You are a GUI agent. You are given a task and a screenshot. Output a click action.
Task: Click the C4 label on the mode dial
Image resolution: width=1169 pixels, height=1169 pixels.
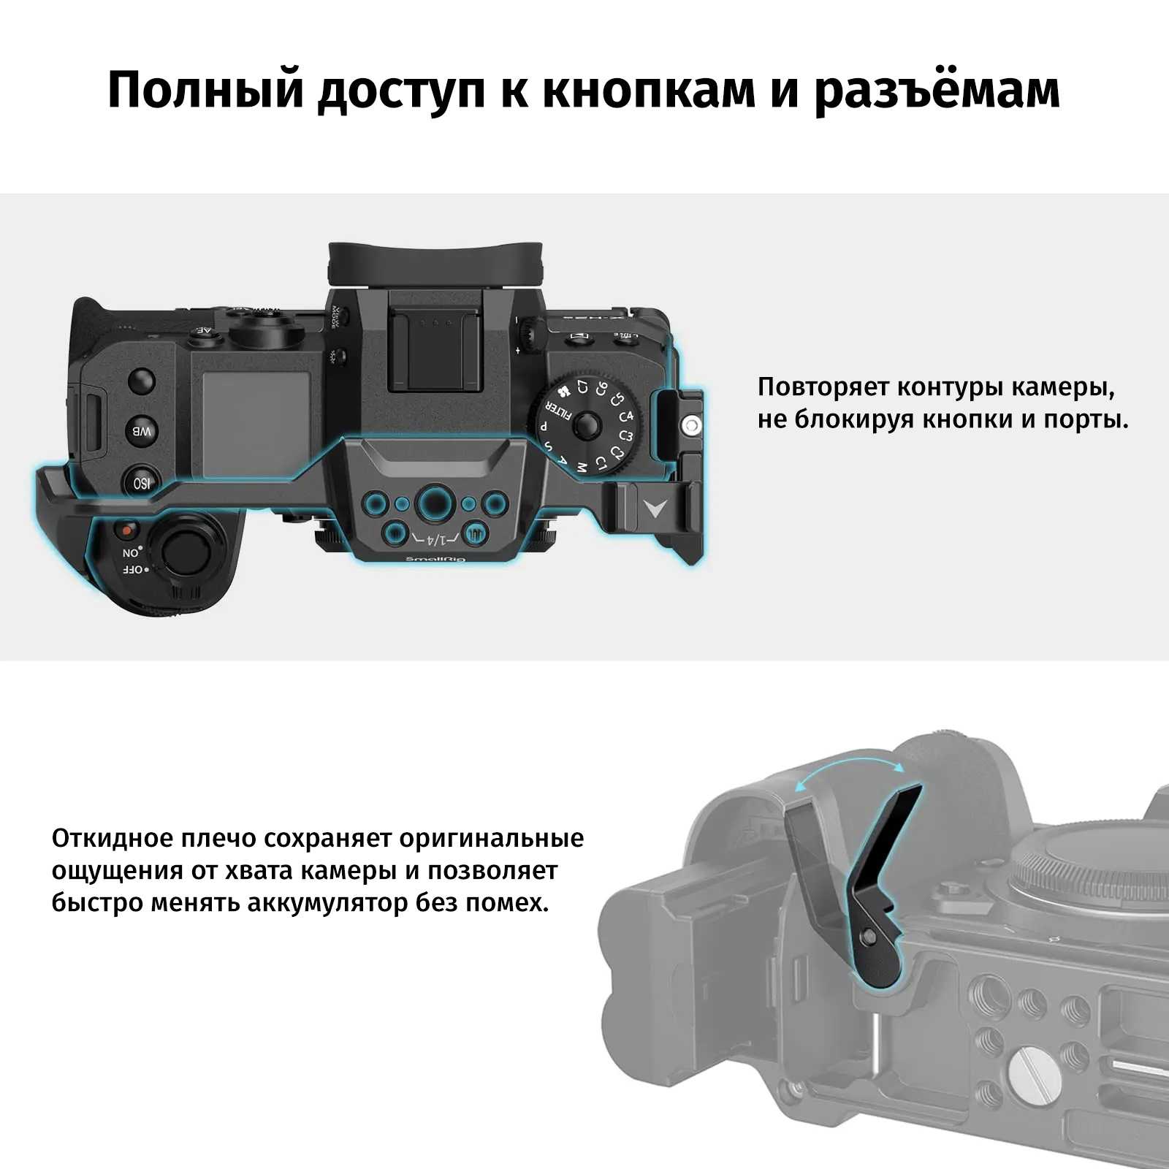coord(626,416)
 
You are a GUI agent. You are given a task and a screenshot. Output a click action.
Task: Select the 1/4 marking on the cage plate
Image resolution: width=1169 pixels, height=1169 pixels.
coord(435,540)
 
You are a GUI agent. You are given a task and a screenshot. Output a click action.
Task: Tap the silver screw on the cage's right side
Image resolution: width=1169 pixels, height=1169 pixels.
coord(691,424)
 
